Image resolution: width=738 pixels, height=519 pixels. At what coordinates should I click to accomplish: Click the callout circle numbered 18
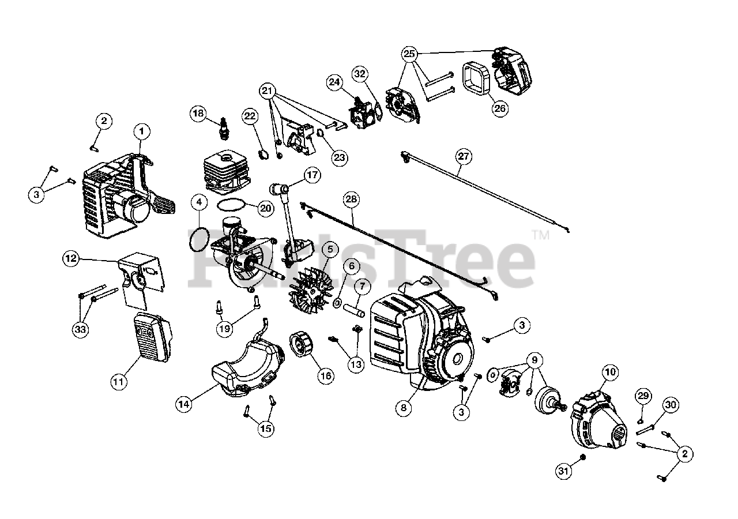(x=198, y=114)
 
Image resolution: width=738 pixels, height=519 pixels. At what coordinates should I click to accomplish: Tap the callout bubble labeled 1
(x=141, y=131)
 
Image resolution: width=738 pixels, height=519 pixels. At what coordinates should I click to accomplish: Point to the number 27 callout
(x=463, y=155)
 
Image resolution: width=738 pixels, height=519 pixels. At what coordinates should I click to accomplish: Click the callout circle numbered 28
(x=351, y=200)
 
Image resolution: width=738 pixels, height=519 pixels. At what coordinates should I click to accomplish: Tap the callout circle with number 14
(x=183, y=404)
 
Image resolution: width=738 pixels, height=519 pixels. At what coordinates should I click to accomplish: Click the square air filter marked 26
(x=477, y=79)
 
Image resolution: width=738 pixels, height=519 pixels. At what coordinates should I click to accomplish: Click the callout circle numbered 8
(x=404, y=407)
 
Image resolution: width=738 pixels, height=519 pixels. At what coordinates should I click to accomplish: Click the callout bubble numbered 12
(x=71, y=259)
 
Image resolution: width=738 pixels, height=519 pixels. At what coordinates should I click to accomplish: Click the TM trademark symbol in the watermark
(x=540, y=235)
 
